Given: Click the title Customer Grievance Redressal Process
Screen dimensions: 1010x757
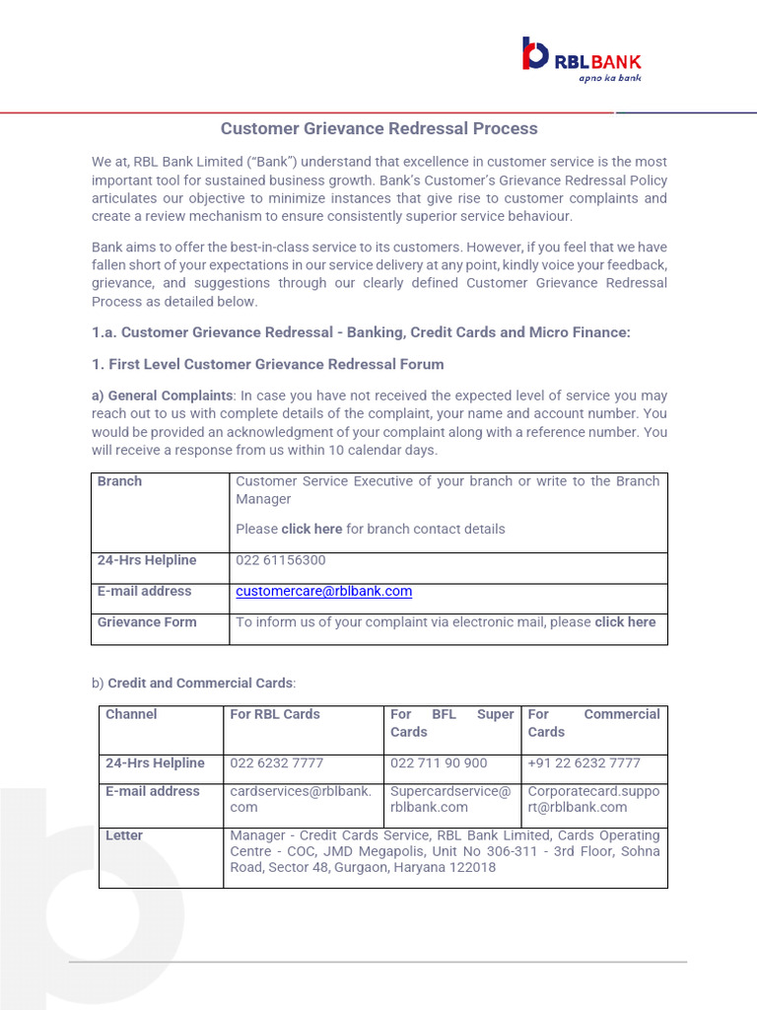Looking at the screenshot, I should point(378,128).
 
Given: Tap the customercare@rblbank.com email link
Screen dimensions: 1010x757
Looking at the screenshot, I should point(323,592).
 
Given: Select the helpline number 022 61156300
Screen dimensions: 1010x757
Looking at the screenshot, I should point(280,560).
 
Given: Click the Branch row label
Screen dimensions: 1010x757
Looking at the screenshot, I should point(119,481).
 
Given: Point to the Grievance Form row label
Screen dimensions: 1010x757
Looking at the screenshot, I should point(147,622).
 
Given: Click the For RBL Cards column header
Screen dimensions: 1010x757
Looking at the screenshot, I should point(275,714).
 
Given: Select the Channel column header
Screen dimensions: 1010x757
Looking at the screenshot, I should point(131,714).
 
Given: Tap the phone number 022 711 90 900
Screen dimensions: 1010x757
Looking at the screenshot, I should point(439,763).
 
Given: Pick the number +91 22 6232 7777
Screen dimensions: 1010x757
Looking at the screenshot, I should point(584,763).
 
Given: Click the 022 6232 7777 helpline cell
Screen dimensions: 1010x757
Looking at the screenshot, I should point(276,763).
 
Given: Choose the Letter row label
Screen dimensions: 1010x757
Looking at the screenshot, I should point(124,835).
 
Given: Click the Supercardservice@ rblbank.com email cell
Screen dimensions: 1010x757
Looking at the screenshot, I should point(450,799).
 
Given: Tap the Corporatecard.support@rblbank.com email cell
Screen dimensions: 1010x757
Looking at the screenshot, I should point(593,799).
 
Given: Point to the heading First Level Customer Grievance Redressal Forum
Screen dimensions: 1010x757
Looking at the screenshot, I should point(268,364).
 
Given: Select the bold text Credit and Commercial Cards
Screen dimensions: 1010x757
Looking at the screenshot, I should point(200,683).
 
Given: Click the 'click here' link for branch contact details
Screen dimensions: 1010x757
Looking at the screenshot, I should point(311,529).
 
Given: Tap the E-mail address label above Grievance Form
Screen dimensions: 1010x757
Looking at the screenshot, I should point(144,591).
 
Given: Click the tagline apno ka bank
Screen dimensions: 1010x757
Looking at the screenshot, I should point(609,77).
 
